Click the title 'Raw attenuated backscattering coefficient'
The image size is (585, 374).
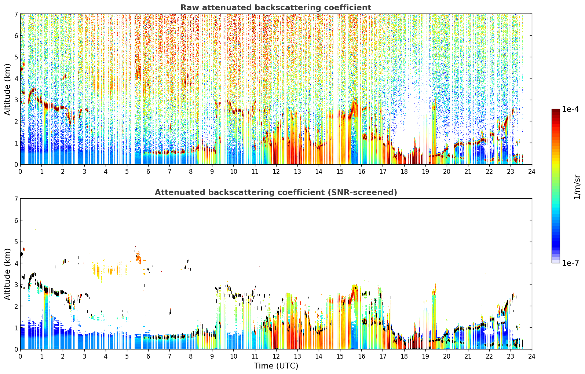276,8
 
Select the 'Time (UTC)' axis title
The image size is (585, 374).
276,366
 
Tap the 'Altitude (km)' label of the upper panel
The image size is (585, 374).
7,89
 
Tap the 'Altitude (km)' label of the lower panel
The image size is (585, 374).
7,274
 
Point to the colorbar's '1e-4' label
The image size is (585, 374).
570,109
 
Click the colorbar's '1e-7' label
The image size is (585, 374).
570,263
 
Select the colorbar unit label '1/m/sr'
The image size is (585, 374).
577,187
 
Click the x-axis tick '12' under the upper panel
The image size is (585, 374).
276,172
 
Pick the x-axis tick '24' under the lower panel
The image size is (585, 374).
532,356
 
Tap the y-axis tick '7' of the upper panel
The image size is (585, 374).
16,14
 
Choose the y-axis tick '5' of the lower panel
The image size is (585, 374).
16,242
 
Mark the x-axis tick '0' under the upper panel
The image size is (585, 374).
21,172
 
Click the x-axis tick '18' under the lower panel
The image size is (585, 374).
404,356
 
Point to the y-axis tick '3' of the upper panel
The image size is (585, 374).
16,100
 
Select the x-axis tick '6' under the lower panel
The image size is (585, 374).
148,356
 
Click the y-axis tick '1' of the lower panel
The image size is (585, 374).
16,328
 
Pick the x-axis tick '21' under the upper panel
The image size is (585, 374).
468,172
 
